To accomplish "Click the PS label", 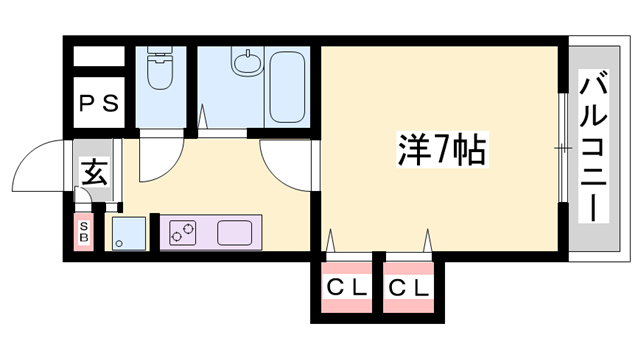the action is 99,102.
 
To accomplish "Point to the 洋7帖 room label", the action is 437,150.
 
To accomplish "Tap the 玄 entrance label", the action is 95,172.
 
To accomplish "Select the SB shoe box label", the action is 83,233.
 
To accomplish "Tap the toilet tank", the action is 160,55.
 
